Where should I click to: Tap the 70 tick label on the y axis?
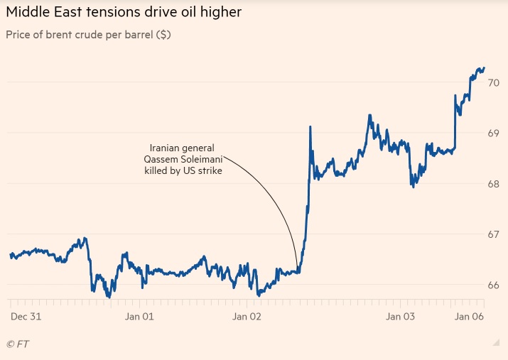pyautogui.click(x=493, y=82)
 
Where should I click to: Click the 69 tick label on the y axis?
pyautogui.click(x=493, y=133)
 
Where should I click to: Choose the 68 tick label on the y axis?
pyautogui.click(x=493, y=183)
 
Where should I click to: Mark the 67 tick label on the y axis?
pyautogui.click(x=493, y=234)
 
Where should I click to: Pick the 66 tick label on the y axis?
pyautogui.click(x=493, y=285)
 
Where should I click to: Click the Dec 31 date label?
pyautogui.click(x=25, y=317)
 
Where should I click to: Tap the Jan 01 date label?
pyautogui.click(x=139, y=317)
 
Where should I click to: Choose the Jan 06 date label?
pyautogui.click(x=469, y=317)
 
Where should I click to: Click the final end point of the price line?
pyautogui.click(x=485, y=68)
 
